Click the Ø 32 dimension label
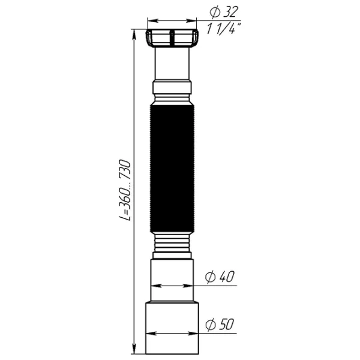(223, 12)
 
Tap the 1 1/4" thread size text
(224, 28)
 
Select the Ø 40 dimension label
(220, 277)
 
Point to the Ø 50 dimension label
(220, 325)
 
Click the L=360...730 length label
(125, 190)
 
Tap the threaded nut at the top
(172, 38)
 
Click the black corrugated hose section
(172, 169)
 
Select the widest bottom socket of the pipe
(172, 328)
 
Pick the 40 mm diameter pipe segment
(172, 281)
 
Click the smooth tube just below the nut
(172, 64)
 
